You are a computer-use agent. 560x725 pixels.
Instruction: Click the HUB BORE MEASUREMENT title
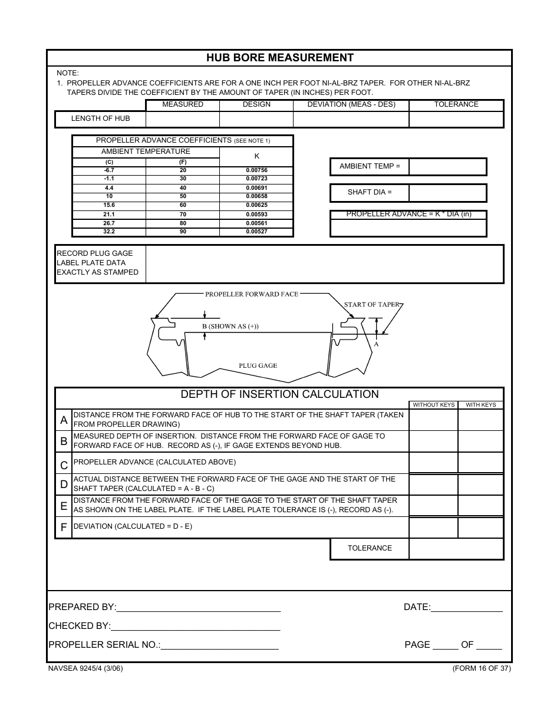[x=279, y=58]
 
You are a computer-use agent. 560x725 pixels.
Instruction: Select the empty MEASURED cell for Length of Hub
[x=182, y=119]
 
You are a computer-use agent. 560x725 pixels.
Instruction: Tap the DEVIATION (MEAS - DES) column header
[x=351, y=104]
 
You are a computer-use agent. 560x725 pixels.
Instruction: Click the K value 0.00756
[x=256, y=170]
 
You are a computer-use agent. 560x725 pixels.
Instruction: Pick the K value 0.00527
[x=256, y=232]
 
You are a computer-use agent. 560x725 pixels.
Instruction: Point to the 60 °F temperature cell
[x=183, y=205]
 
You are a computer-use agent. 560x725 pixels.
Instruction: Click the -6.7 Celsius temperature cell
[x=109, y=170]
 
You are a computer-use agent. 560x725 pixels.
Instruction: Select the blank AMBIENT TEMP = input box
[x=447, y=167]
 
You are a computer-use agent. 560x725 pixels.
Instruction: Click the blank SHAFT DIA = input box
[x=447, y=193]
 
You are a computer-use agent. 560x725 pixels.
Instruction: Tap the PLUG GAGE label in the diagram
[x=258, y=365]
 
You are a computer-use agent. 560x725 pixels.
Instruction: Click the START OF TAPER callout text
[x=371, y=305]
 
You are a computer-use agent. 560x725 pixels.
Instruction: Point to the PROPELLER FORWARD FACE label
[x=252, y=294]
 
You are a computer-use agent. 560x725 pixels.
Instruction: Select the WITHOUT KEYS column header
[x=433, y=405]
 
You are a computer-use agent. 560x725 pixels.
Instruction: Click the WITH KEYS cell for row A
[x=480, y=420]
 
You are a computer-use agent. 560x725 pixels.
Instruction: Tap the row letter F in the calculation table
[x=64, y=528]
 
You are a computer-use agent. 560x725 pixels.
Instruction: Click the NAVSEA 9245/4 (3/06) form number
[x=85, y=668]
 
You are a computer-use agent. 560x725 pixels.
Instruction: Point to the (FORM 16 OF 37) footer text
[x=481, y=668]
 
